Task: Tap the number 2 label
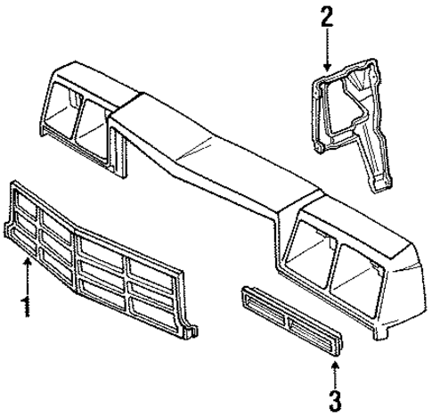[x=326, y=16]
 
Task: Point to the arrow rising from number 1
[x=28, y=281]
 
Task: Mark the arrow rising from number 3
[x=336, y=366]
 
